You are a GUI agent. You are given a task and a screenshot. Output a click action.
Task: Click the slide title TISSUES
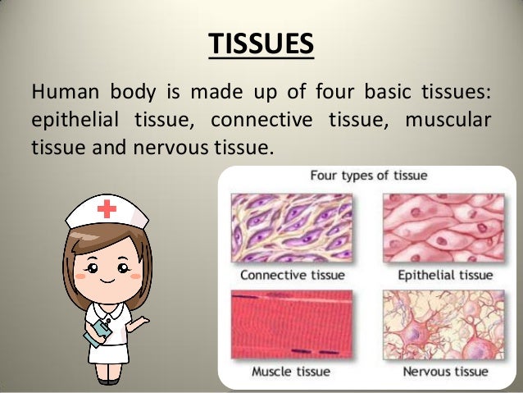260,42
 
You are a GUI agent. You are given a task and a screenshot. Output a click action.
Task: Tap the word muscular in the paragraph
448,120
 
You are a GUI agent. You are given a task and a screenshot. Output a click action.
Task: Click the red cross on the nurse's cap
107,209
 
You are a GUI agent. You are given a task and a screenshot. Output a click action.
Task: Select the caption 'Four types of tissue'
367,176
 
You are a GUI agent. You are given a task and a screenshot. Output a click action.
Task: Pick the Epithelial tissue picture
443,226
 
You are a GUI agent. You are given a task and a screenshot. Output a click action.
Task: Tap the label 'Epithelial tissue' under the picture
444,275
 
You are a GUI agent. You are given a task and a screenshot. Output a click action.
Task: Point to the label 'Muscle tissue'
291,372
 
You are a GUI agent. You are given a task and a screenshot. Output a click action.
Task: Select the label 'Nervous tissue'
444,372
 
